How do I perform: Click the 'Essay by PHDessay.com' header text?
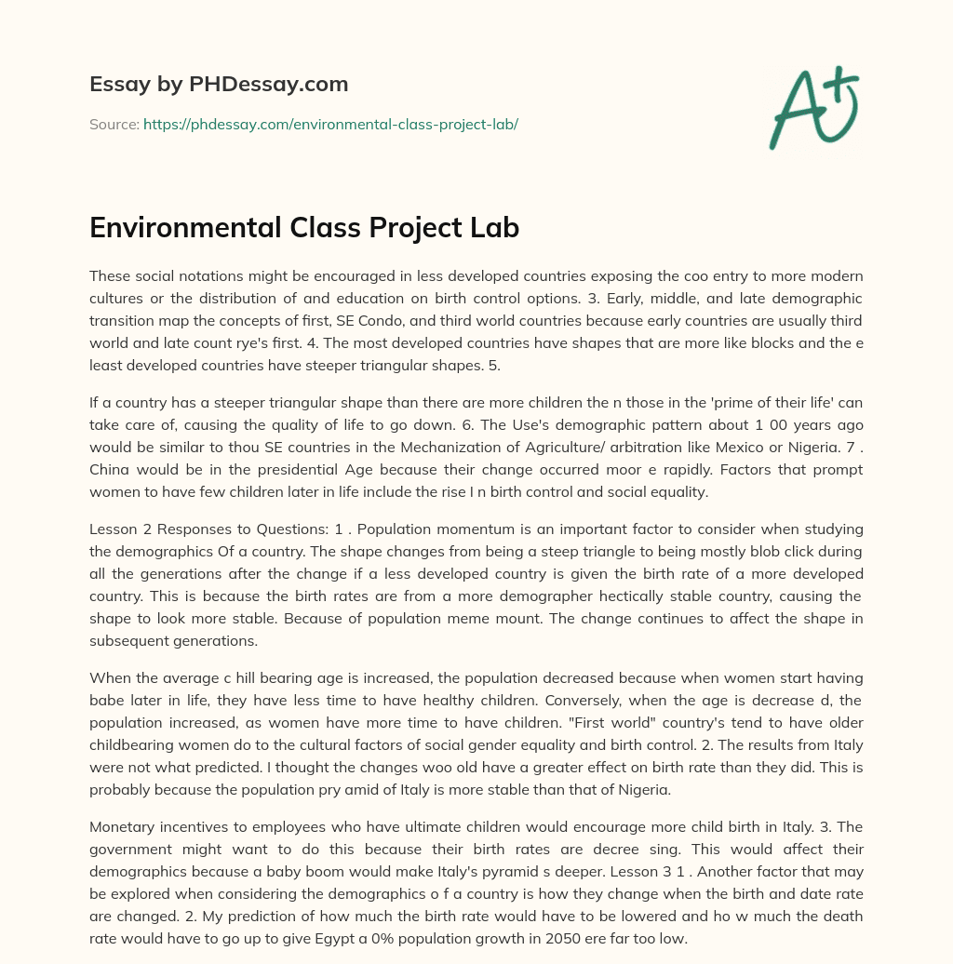coord(219,85)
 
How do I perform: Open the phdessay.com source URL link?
coord(330,124)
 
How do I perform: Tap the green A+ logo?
coord(812,107)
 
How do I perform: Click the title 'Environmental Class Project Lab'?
coord(304,228)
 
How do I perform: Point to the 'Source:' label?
coord(114,124)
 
